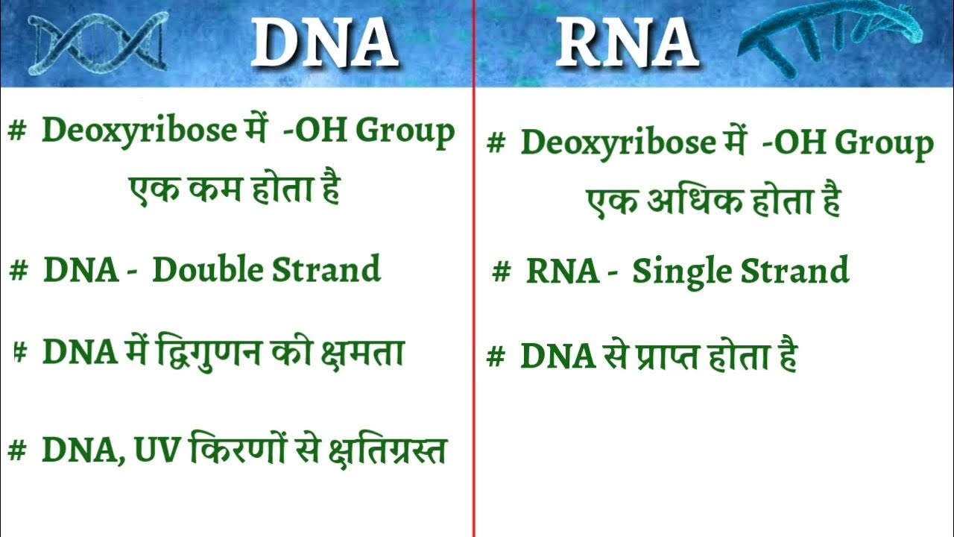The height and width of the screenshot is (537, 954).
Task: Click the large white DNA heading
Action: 323,42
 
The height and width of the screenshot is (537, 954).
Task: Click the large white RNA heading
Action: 626,42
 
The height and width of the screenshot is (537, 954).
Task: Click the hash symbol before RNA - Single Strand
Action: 501,273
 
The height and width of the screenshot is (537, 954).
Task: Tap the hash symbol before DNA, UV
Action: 17,450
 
